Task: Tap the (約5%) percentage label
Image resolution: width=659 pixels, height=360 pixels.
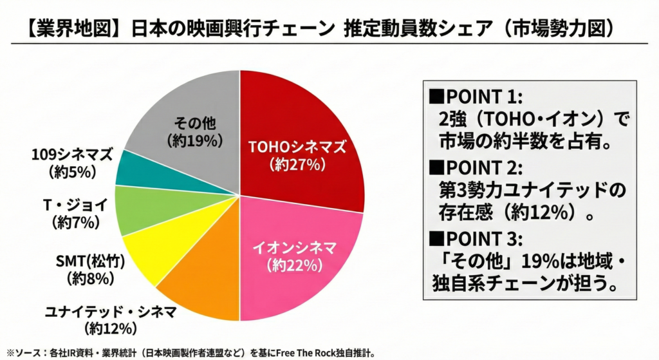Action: pos(71,171)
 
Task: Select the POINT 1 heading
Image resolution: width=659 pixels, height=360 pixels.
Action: pos(477,97)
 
